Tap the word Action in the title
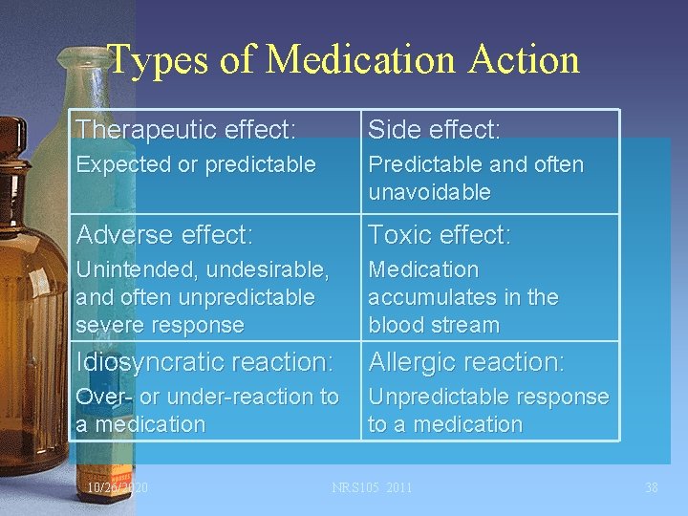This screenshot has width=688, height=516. pyautogui.click(x=524, y=59)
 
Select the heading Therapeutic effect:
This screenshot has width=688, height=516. pyautogui.click(x=185, y=128)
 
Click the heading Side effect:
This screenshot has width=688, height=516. pyautogui.click(x=434, y=128)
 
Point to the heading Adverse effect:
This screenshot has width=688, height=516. pyautogui.click(x=163, y=234)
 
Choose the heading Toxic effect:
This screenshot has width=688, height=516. pyautogui.click(x=440, y=234)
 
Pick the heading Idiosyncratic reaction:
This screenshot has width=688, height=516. pyautogui.click(x=204, y=362)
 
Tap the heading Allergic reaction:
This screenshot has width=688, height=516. pyautogui.click(x=466, y=362)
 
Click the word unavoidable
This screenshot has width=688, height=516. pyautogui.click(x=429, y=192)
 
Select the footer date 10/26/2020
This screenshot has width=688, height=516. pyautogui.click(x=118, y=488)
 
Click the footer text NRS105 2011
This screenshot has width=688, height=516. pyautogui.click(x=372, y=488)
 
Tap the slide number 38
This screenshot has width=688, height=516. pyautogui.click(x=652, y=488)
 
